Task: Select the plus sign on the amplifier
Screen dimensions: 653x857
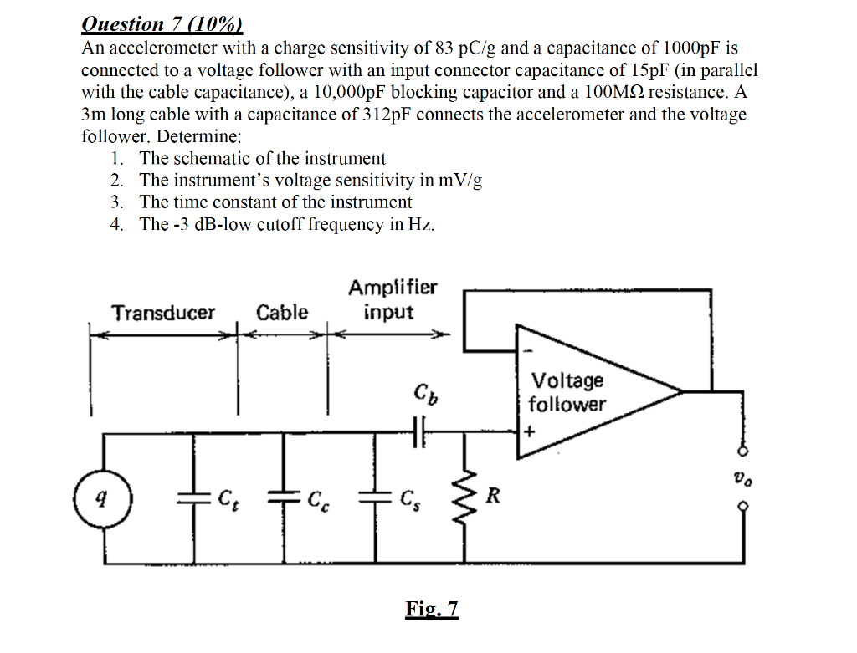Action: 529,432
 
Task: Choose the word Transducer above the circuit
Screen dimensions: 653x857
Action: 164,313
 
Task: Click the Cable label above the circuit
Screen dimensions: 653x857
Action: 282,313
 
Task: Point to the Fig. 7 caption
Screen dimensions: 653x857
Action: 432,608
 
